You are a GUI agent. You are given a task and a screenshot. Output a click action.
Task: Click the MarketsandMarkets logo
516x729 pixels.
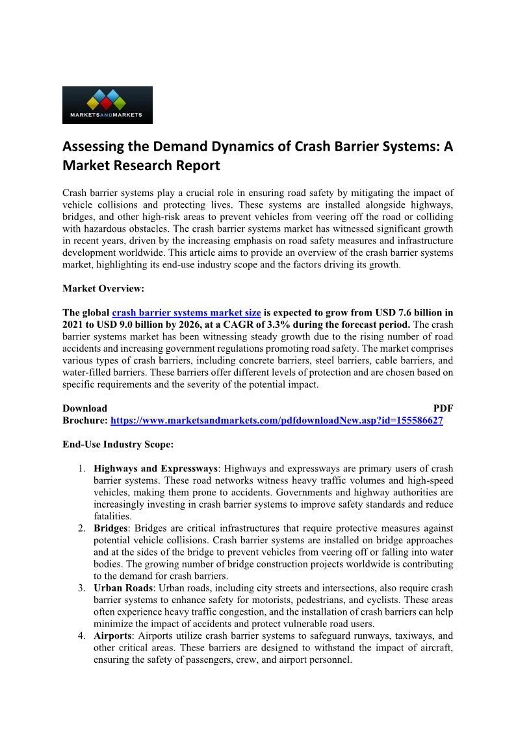(x=107, y=105)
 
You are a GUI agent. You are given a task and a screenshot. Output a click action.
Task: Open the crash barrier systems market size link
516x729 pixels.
(x=187, y=312)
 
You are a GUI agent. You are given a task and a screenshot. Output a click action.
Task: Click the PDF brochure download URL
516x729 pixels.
(x=277, y=421)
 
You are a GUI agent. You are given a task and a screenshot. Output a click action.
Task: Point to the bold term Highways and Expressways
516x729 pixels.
(x=155, y=468)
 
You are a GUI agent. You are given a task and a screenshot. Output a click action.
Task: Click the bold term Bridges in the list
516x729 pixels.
(x=110, y=528)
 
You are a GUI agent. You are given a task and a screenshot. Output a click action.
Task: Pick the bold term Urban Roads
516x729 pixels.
(x=123, y=588)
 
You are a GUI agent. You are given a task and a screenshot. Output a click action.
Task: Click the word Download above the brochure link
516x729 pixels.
(x=84, y=408)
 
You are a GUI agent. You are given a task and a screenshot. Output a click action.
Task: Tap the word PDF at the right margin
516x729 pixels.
(x=443, y=408)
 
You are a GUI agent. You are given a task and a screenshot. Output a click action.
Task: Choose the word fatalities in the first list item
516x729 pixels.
(x=114, y=517)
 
